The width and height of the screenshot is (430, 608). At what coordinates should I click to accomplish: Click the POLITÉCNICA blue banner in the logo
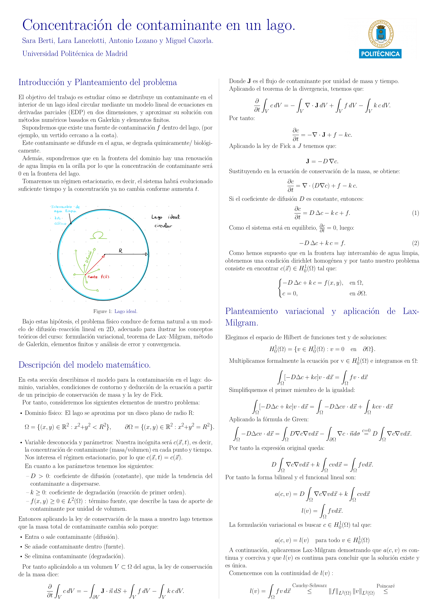[380, 54]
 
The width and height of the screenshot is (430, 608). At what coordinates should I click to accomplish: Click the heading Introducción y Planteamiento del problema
[98, 83]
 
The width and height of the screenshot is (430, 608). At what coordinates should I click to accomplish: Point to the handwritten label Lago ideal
[165, 217]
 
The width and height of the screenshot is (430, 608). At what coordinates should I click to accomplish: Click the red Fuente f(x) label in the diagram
[98, 277]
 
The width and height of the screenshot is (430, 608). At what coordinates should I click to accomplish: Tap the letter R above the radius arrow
[121, 251]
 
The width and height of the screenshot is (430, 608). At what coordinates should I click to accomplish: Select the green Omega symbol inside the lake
[98, 235]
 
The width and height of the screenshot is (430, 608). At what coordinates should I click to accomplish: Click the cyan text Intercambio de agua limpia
[65, 209]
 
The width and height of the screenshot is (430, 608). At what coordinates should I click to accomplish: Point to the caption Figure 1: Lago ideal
[115, 311]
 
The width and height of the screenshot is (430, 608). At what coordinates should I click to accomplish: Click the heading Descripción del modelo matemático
[84, 365]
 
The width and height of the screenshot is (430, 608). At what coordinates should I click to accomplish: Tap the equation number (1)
[415, 213]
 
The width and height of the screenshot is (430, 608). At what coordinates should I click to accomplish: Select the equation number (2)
[415, 243]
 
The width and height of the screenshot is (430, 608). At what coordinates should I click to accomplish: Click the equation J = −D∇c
[322, 161]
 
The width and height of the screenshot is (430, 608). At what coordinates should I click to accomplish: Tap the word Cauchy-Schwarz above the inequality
[309, 586]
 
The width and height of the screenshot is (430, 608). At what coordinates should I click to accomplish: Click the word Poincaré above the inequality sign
[386, 586]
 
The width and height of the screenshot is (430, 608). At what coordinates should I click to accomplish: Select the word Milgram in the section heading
[241, 323]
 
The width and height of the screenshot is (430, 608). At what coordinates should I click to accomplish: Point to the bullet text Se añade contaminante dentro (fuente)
[74, 546]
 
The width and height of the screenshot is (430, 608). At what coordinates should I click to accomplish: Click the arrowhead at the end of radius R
[146, 254]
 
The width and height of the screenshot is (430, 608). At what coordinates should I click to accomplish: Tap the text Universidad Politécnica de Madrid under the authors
[75, 54]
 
